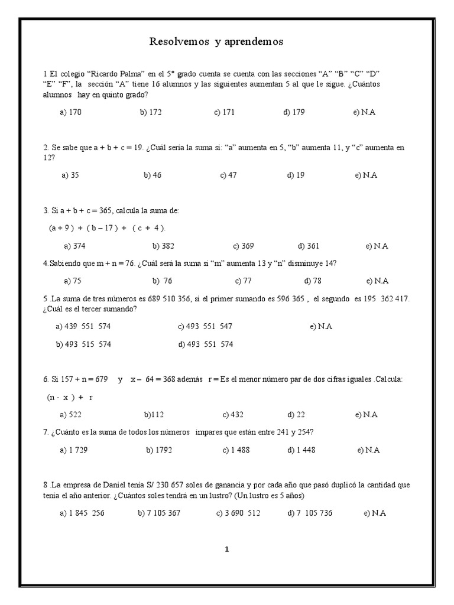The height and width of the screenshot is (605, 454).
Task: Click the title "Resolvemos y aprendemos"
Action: tap(216, 41)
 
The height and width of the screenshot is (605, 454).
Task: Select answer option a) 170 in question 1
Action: tap(70, 112)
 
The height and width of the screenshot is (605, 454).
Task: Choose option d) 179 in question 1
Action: tap(294, 112)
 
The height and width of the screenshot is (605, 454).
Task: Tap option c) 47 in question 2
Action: tap(228, 175)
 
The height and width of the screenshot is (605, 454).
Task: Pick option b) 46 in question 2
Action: tap(153, 175)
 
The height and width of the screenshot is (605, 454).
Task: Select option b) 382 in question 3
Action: tap(163, 246)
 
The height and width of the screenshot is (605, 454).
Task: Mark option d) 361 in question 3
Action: tap(309, 246)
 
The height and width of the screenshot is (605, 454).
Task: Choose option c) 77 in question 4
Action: tap(243, 281)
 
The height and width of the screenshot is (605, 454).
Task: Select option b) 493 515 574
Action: tap(83, 344)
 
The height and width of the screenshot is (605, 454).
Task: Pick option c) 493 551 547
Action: tap(205, 326)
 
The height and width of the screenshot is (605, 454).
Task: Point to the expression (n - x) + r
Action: tap(70, 398)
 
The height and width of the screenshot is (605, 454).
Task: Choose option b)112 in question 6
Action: tap(155, 415)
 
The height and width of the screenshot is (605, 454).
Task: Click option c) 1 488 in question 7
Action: tap(236, 450)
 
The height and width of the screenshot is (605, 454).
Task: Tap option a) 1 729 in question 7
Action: tap(74, 450)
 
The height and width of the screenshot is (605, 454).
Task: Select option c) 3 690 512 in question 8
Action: tap(238, 513)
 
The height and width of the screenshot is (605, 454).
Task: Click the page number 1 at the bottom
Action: tap(226, 549)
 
